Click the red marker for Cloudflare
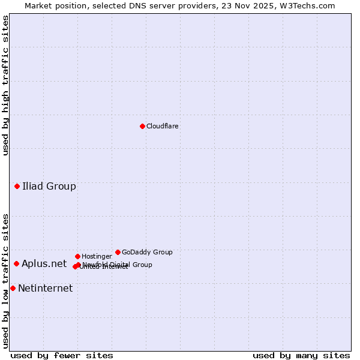click(142, 126)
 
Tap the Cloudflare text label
click(162, 127)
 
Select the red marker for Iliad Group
click(17, 186)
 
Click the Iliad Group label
click(49, 186)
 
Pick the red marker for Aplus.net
click(17, 263)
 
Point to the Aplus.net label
click(44, 264)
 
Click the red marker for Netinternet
click(13, 288)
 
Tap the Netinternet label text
click(45, 289)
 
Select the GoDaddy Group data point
click(118, 252)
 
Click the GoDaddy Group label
click(147, 253)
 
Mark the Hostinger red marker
click(77, 256)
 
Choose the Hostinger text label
click(97, 257)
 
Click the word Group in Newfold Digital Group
click(142, 265)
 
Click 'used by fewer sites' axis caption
click(62, 356)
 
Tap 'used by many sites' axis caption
click(301, 356)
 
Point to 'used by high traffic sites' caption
click(5, 85)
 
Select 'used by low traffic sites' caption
click(5, 280)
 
